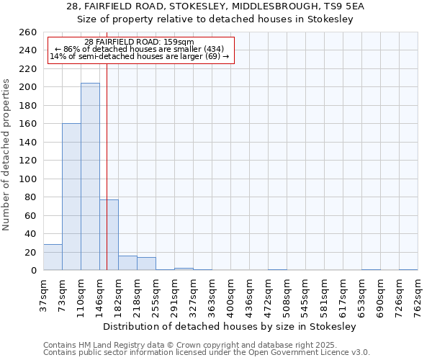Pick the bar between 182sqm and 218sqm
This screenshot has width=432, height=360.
click(127, 263)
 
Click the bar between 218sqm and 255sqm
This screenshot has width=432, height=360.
click(146, 264)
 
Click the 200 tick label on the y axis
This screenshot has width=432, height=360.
click(28, 87)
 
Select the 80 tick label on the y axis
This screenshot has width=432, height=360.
click(31, 197)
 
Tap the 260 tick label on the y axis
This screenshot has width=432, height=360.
click(28, 32)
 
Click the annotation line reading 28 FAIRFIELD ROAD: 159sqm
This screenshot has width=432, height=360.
click(139, 42)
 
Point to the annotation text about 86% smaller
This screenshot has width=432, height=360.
click(140, 49)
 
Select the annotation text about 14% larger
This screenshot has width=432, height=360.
click(139, 56)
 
